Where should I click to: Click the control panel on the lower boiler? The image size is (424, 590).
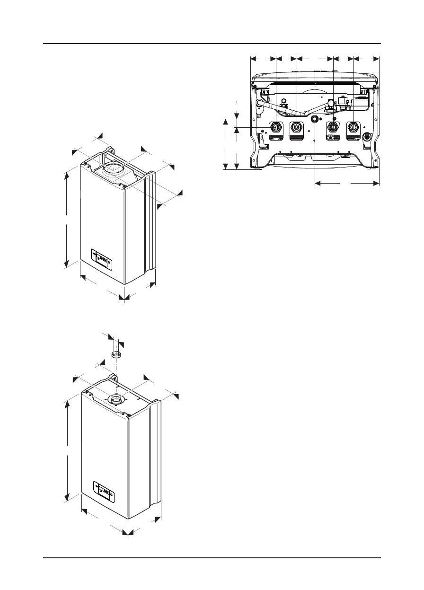104,492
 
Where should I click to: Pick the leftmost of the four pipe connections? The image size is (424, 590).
275,127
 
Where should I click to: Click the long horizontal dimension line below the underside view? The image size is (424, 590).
347,182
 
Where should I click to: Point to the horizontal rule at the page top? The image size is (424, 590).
212,44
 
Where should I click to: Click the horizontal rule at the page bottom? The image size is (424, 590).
212,558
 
